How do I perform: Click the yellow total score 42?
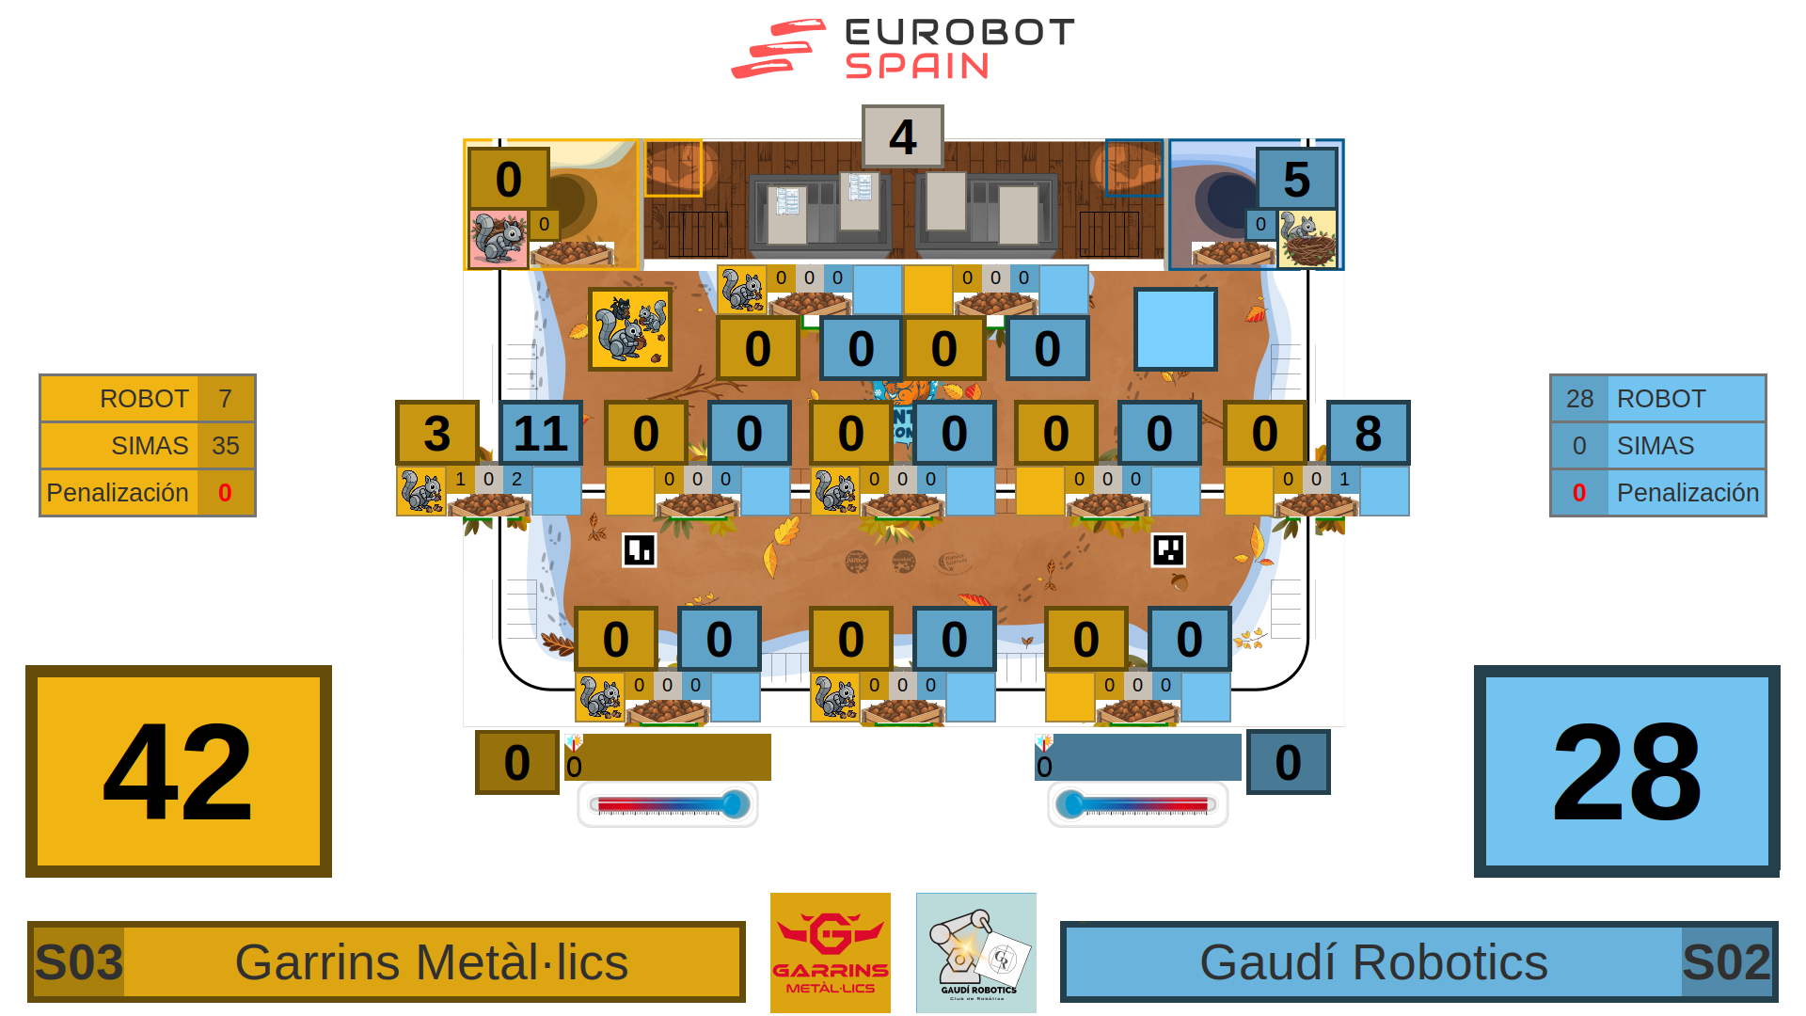[x=179, y=771]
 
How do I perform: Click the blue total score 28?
[x=1626, y=771]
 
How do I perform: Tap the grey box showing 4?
[x=902, y=137]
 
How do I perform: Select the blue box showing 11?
[x=541, y=433]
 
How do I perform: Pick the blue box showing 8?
[x=1368, y=433]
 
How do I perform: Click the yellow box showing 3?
[x=437, y=433]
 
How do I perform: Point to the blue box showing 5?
[x=1296, y=179]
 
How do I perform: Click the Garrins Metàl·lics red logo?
[x=830, y=952]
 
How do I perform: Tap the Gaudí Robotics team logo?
[x=975, y=952]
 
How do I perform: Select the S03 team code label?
[x=79, y=961]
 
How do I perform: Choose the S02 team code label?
[x=1726, y=961]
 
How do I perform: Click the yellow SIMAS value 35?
[x=226, y=446]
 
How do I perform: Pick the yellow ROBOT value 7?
[x=226, y=399]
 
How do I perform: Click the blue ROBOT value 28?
[x=1579, y=399]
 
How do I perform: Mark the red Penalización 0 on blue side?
[x=1579, y=493]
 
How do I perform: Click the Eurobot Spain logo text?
[x=959, y=48]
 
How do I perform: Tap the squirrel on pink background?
[x=498, y=239]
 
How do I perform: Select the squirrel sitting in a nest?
[x=1307, y=239]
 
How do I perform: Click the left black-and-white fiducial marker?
[x=640, y=549]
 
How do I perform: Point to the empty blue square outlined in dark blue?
[x=1175, y=329]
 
